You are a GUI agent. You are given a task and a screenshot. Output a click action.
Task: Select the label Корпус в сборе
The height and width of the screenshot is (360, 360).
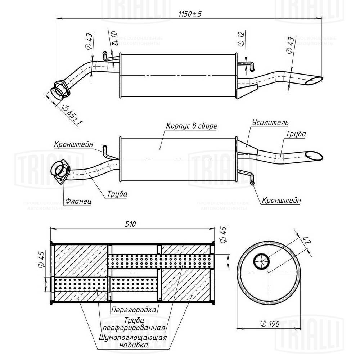[192, 126]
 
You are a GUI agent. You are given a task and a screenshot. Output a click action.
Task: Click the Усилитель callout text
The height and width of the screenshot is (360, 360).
[270, 122]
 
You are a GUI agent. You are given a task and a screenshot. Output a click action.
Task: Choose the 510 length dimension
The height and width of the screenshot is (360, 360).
[130, 224]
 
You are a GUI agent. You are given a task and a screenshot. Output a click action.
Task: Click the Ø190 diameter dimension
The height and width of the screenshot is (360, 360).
[269, 324]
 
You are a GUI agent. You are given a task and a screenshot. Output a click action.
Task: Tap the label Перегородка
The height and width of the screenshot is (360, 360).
[134, 310]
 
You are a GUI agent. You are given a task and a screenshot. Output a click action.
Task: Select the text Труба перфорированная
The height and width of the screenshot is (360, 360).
[134, 324]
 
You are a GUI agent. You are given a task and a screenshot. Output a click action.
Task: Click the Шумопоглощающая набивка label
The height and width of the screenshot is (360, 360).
[133, 341]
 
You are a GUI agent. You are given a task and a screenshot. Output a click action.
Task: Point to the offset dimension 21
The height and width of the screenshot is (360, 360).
[307, 240]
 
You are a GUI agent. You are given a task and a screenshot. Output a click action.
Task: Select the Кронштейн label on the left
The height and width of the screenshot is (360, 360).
[74, 145]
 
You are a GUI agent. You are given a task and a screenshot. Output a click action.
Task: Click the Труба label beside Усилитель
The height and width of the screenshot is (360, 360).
[296, 134]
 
